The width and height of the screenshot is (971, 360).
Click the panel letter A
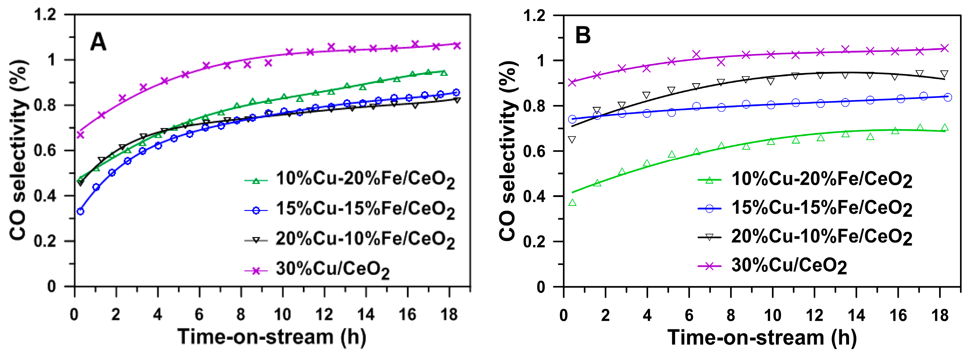pyautogui.click(x=98, y=42)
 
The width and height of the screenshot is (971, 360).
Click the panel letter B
pyautogui.click(x=583, y=36)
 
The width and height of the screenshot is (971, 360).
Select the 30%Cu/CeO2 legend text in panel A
pyautogui.click(x=333, y=270)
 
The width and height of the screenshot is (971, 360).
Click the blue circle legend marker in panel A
pyautogui.click(x=256, y=210)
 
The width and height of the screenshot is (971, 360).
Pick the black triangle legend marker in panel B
pyautogui.click(x=709, y=237)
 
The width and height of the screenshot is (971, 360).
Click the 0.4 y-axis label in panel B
pyautogui.click(x=534, y=196)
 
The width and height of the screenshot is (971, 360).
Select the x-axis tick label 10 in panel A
pyautogui.click(x=282, y=314)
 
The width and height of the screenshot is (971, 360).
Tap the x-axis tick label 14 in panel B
pyautogui.click(x=856, y=315)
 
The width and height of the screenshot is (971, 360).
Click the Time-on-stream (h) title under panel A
pyautogui.click(x=272, y=337)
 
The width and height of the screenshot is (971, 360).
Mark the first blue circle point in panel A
pyautogui.click(x=80, y=212)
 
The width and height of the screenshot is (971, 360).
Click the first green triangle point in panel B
pyautogui.click(x=572, y=203)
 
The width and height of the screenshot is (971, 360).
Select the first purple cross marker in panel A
pyautogui.click(x=80, y=134)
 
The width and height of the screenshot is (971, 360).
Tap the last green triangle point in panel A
pyautogui.click(x=444, y=73)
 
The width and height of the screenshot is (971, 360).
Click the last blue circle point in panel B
pyautogui.click(x=948, y=97)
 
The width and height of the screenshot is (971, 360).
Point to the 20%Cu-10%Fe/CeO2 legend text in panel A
pyautogui.click(x=365, y=239)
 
